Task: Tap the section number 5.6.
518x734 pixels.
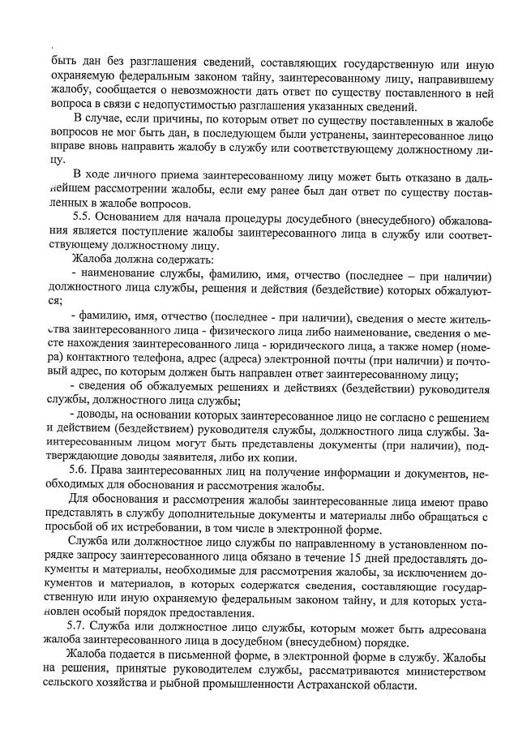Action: (83, 471)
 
